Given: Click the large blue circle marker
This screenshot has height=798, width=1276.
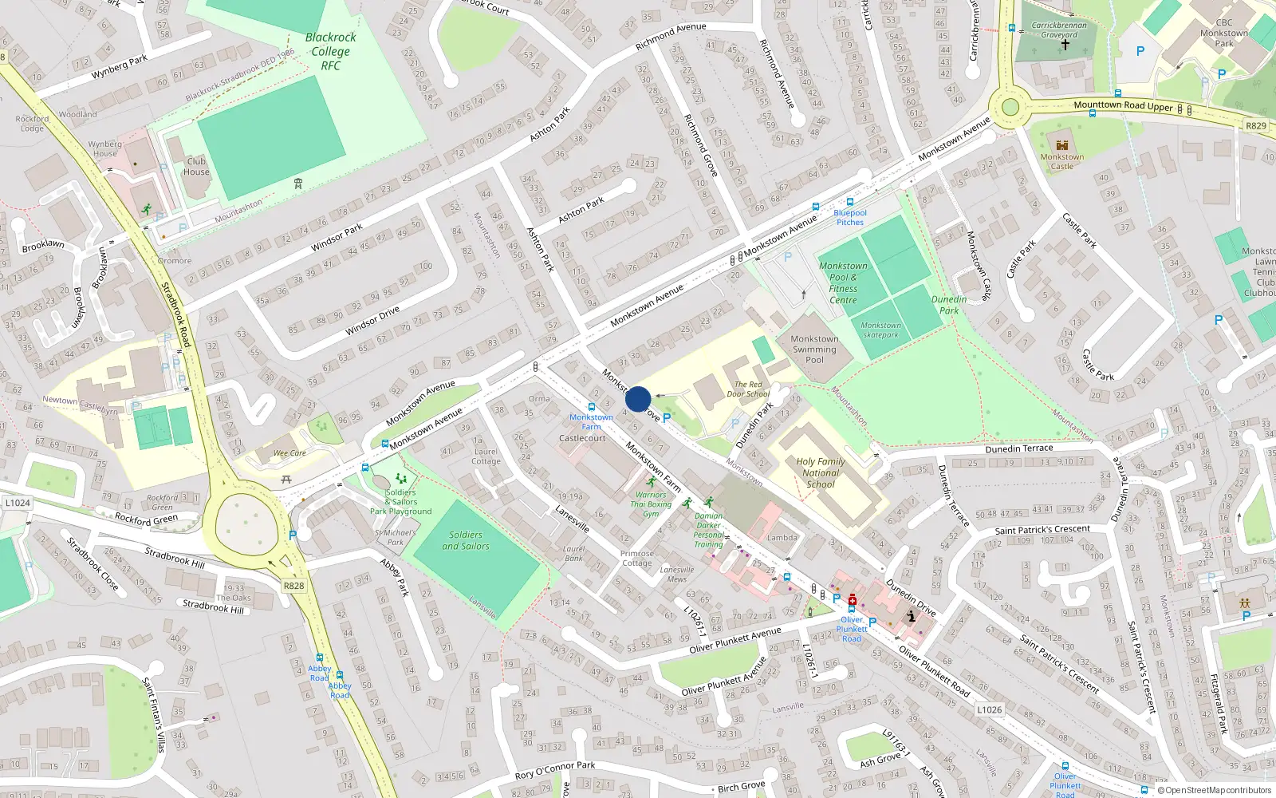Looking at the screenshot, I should click(x=638, y=399).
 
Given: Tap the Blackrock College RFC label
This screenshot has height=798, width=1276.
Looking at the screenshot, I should click(x=330, y=51).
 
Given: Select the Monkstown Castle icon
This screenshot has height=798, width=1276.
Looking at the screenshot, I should click(x=1061, y=145).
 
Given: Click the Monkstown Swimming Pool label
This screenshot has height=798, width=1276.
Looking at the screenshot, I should click(x=814, y=350).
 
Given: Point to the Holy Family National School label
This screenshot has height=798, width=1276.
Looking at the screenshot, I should click(x=820, y=472).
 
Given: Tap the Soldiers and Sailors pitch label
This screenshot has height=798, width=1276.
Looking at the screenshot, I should click(x=466, y=540).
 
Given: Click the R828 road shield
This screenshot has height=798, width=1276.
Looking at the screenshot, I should click(x=293, y=586).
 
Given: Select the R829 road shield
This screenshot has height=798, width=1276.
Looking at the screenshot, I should click(x=1255, y=126).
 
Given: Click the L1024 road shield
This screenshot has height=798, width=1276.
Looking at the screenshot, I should click(x=18, y=503).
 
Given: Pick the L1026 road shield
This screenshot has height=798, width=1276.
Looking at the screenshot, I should click(x=989, y=709).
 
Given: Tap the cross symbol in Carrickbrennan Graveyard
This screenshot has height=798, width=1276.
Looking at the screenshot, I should click(x=1064, y=45).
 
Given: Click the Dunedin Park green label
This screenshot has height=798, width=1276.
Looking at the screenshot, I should click(x=949, y=305).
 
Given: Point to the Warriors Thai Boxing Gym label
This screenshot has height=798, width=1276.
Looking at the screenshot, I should click(x=651, y=504).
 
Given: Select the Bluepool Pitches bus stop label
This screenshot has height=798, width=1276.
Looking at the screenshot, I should click(x=850, y=217).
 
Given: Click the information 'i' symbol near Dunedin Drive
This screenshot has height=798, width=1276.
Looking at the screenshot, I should click(x=911, y=616).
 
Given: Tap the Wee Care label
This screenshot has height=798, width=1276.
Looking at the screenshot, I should click(x=289, y=453).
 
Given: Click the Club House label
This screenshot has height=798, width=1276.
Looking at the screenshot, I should click(x=196, y=166).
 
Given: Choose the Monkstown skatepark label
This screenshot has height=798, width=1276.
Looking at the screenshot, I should click(x=880, y=330).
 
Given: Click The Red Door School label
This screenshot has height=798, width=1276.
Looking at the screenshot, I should click(x=748, y=389).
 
